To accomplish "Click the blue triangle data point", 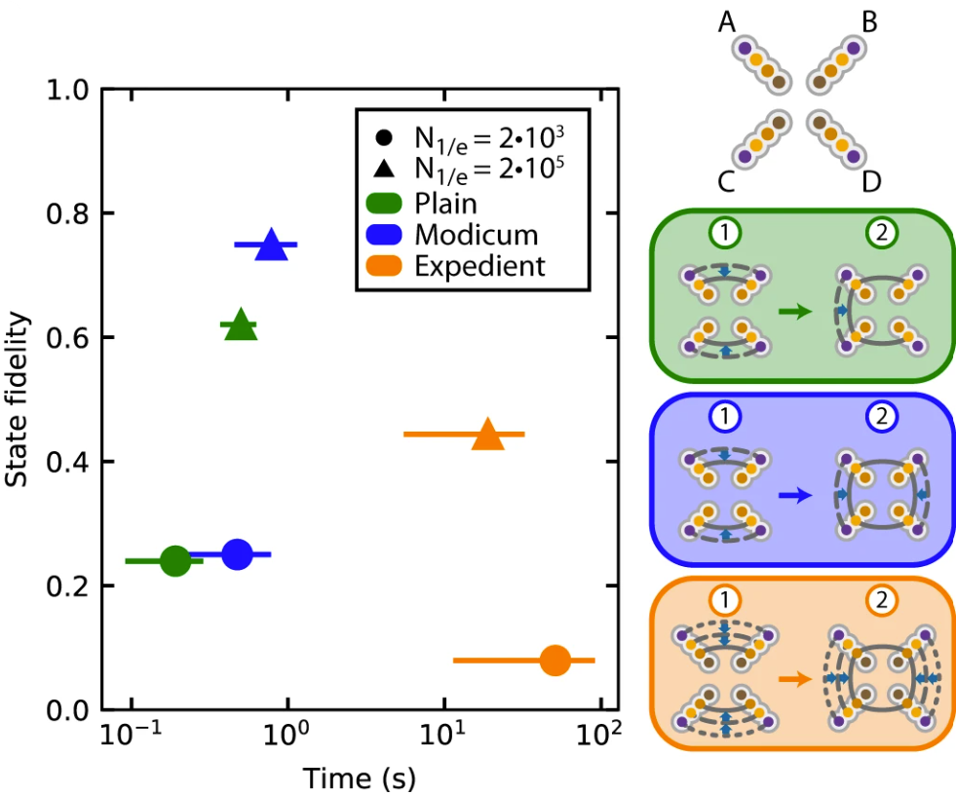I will coord(272,246).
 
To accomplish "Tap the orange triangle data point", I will coord(488,435).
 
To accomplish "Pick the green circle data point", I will coord(175,560).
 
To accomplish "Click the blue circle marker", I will coord(237,553).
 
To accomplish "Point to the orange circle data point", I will coord(554,661).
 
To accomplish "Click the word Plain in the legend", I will coord(445,204).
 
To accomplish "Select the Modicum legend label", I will coord(476,234).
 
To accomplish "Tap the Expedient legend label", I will coord(479,265).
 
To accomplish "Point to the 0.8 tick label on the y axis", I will coord(70,213).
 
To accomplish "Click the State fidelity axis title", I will coord(17,399).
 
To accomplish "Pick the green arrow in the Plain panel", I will coord(795,312).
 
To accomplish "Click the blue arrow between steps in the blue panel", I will coord(795,495).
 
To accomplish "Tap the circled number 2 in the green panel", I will coord(881,232).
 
